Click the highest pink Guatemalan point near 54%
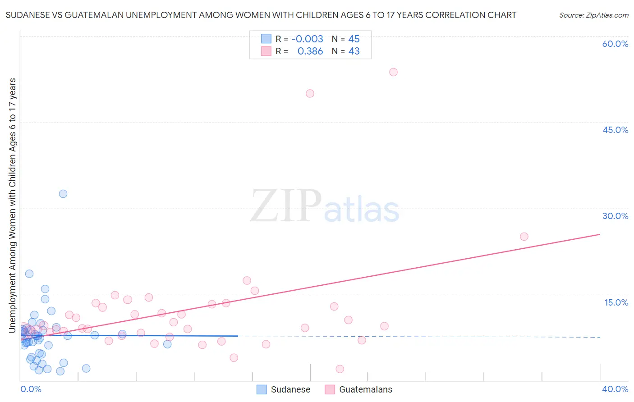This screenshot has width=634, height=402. tap(393, 72)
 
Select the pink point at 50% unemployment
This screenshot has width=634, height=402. tap(310, 94)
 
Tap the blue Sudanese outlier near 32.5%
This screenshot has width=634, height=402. tap(63, 194)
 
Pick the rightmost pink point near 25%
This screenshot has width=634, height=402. tap(524, 237)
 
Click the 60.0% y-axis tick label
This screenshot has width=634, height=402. tap(615, 44)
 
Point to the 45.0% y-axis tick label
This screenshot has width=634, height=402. tap(615, 130)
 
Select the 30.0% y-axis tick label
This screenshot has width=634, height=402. tap(615, 216)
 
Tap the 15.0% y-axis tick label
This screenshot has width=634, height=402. tap(616, 302)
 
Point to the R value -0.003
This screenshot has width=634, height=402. tap(307, 39)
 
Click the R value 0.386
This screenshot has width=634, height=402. tap(310, 51)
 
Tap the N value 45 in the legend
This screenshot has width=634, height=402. tap(354, 39)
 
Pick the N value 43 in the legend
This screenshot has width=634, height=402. tap(354, 51)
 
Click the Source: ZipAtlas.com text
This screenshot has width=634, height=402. tap(593, 15)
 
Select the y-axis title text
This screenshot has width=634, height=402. tap(12, 206)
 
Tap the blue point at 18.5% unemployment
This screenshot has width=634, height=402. tap(29, 274)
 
